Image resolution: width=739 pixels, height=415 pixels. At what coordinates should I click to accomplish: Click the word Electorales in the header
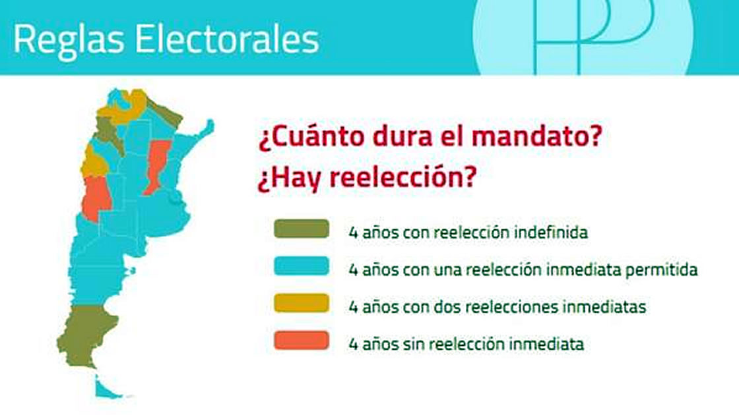(x=227, y=38)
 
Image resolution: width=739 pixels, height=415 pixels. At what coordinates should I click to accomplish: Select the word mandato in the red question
(x=536, y=136)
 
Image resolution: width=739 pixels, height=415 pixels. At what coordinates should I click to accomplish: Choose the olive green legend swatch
(x=302, y=229)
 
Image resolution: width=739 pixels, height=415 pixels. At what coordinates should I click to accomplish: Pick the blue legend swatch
(x=302, y=266)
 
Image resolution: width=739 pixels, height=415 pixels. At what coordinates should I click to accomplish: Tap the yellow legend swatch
(x=302, y=304)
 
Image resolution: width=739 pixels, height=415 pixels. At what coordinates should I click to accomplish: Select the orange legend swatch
(x=302, y=341)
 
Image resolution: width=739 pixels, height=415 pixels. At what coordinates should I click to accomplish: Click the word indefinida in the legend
(x=551, y=232)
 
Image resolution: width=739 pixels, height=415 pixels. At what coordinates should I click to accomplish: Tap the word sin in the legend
(x=414, y=344)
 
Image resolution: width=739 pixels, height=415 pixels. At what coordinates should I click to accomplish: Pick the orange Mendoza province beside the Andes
(x=96, y=198)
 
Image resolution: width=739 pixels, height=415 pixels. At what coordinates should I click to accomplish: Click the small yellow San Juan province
(x=94, y=162)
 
